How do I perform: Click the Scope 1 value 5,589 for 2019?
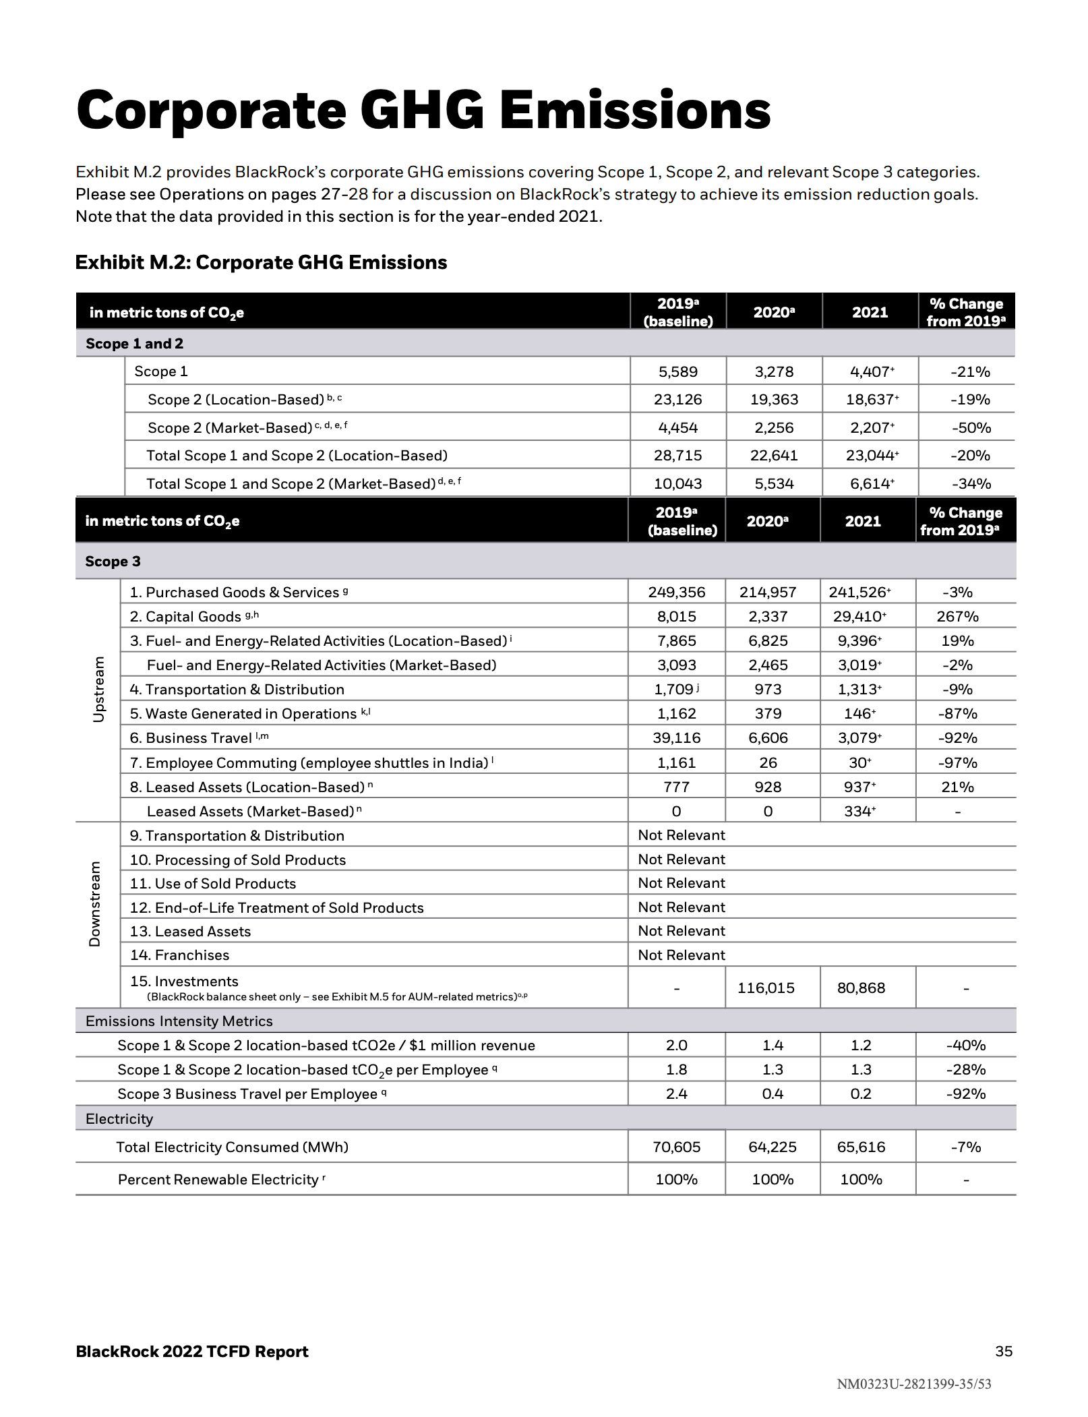pyautogui.click(x=677, y=371)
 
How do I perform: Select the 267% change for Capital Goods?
pyautogui.click(x=957, y=616)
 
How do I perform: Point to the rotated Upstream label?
pyautogui.click(x=98, y=689)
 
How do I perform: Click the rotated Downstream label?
pyautogui.click(x=95, y=903)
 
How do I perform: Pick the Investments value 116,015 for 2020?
pyautogui.click(x=766, y=988)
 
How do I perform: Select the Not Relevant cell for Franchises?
pyautogui.click(x=682, y=955)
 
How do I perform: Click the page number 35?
pyautogui.click(x=1003, y=1351)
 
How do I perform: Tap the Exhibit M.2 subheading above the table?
pyautogui.click(x=261, y=262)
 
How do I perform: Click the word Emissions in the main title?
pyautogui.click(x=634, y=111)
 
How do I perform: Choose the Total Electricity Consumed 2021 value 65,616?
pyautogui.click(x=861, y=1147)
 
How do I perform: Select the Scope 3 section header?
pyautogui.click(x=113, y=561)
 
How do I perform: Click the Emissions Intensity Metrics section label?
pyautogui.click(x=179, y=1021)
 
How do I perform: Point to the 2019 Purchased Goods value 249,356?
pyautogui.click(x=676, y=592)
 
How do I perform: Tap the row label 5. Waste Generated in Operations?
pyautogui.click(x=243, y=713)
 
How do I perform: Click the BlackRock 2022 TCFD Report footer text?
pyautogui.click(x=192, y=1351)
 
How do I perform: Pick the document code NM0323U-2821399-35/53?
pyautogui.click(x=913, y=1384)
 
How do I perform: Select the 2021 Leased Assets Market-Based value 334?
pyautogui.click(x=858, y=811)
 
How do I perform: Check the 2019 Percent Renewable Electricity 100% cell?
pyautogui.click(x=676, y=1179)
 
